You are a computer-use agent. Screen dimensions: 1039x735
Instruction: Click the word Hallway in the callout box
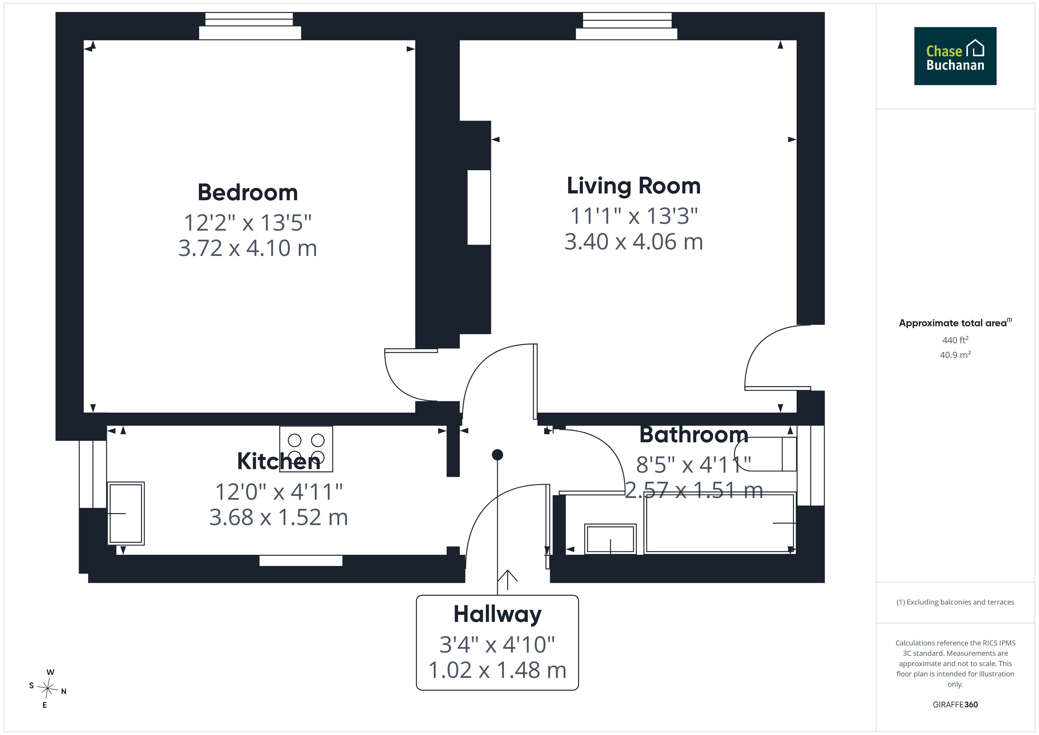pos(497,615)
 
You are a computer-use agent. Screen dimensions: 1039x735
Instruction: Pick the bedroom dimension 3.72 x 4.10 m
pos(248,248)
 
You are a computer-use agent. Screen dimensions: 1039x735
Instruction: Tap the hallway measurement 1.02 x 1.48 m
pos(497,670)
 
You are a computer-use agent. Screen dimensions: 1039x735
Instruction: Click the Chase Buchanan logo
pos(955,56)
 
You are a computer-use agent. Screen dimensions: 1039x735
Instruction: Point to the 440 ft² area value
pos(955,340)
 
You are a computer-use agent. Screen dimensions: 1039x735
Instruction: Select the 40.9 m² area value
pos(955,355)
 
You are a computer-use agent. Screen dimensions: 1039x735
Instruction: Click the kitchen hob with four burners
pos(306,449)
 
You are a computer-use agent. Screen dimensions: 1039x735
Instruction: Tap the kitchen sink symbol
pos(126,513)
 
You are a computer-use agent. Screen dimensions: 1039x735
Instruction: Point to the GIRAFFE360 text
pos(955,705)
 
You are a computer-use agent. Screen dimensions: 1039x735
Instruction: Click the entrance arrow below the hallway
pos(507,579)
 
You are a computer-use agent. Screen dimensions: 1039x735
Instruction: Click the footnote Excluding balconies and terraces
pos(955,602)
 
